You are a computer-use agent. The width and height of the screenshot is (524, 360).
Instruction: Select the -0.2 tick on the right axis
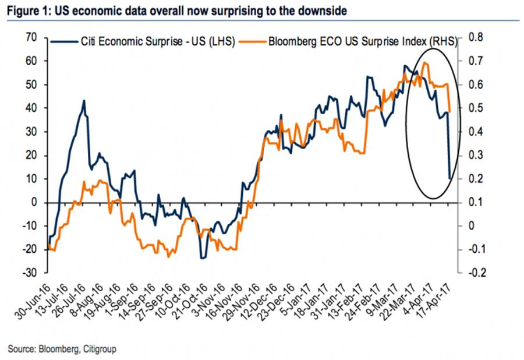point(476,273)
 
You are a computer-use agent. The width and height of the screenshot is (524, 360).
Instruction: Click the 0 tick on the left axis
point(35,202)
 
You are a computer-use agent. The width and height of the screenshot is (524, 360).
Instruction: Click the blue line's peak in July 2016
point(84,101)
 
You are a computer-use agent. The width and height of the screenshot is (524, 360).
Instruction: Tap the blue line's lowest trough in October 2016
point(203,257)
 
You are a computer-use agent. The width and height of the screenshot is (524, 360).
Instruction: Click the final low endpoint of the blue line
point(449,178)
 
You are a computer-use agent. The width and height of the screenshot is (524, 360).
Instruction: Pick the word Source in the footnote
point(21,349)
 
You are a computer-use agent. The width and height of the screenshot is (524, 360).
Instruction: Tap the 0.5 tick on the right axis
point(476,108)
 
